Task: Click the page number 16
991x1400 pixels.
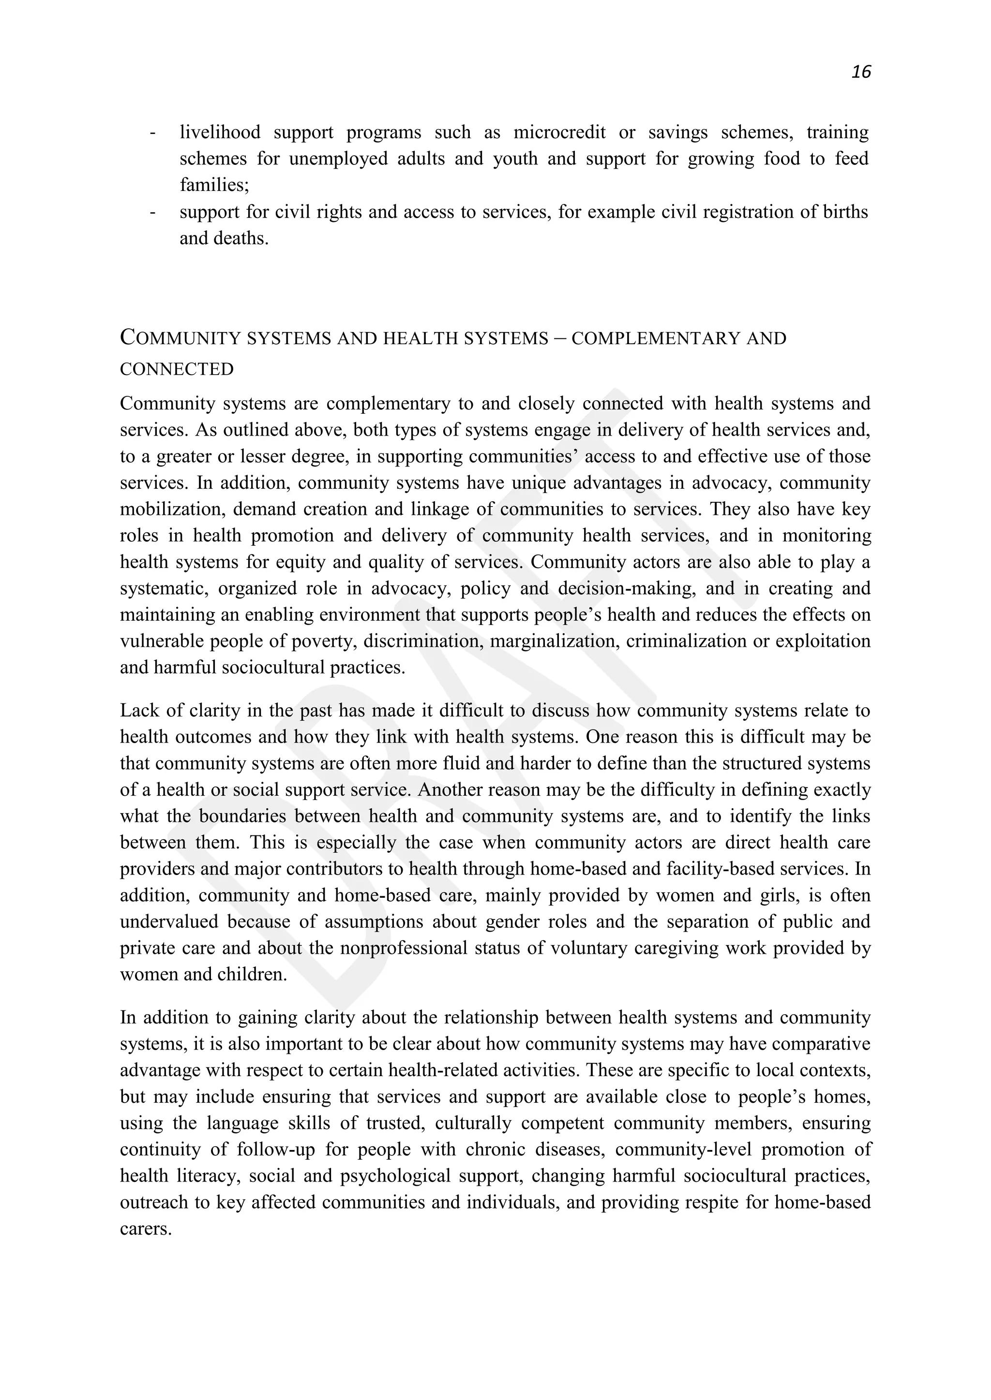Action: pos(860,72)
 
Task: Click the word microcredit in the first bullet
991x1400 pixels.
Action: pos(559,132)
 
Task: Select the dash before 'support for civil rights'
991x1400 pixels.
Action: pos(152,212)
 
